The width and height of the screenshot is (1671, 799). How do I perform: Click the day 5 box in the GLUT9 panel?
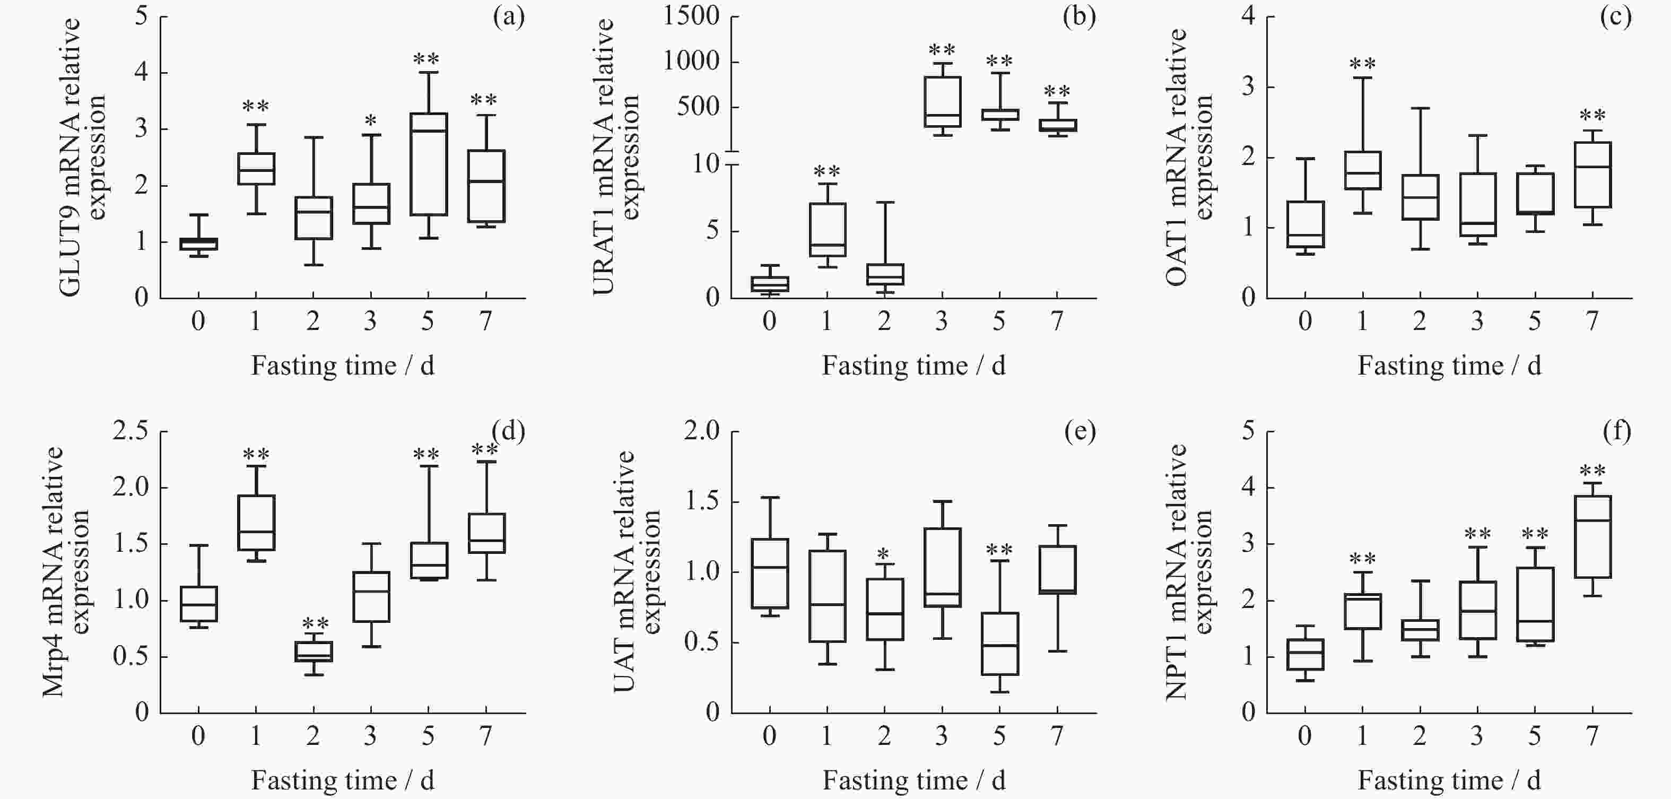428,164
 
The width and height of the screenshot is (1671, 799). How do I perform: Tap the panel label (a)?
509,17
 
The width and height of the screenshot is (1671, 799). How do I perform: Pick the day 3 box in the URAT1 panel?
942,102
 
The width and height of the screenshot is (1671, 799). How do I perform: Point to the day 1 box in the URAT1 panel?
827,230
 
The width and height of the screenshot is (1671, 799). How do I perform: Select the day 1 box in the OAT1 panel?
1362,170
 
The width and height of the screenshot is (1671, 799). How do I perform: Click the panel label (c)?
1615,17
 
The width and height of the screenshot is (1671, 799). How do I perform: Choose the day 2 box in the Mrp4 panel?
314,651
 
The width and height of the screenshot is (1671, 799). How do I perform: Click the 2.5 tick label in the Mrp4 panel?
130,431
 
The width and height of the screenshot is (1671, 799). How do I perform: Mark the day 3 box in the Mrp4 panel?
371,597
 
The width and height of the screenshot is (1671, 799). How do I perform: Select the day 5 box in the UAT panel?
999,644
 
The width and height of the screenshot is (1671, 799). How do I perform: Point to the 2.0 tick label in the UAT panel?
702,431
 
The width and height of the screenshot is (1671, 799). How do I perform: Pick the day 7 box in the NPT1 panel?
1592,536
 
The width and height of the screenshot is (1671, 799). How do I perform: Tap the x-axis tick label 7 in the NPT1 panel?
1592,735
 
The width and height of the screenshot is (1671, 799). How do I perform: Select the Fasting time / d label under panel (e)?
913,781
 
